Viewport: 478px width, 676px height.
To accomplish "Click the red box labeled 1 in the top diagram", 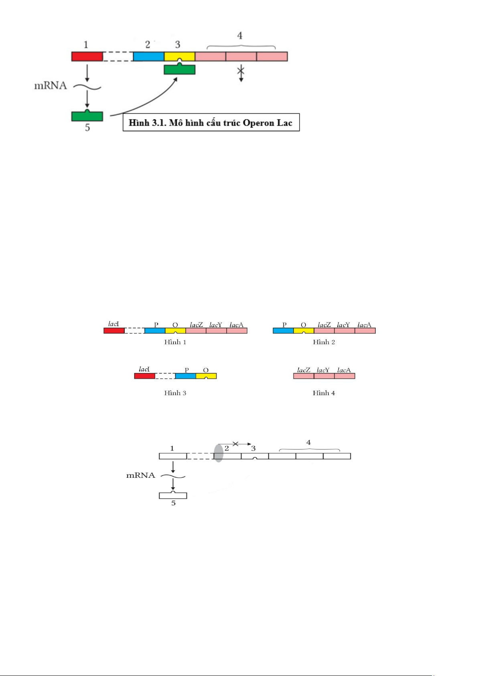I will [87, 57].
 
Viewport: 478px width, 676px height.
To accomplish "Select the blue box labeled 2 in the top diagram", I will [148, 57].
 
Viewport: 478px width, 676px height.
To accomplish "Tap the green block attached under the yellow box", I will [180, 69].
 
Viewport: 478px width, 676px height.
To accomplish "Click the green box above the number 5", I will [87, 116].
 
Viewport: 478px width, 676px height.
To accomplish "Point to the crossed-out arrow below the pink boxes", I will [241, 73].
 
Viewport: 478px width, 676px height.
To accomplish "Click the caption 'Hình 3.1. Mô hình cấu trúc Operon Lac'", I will [211, 122].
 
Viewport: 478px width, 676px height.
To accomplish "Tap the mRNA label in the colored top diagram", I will [51, 85].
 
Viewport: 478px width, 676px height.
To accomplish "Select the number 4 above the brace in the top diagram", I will [240, 36].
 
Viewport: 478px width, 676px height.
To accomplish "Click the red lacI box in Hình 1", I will [114, 331].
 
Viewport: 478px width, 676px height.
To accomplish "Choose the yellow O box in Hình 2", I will [304, 331].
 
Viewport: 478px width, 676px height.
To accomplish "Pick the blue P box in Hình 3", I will [185, 376].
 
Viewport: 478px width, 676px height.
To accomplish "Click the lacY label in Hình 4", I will [323, 370].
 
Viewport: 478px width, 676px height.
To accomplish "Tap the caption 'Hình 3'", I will [175, 393].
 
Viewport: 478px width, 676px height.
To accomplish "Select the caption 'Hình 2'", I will [324, 342].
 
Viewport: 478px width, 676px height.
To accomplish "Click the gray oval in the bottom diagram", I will [219, 453].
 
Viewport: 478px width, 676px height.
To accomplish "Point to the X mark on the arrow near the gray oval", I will [235, 444].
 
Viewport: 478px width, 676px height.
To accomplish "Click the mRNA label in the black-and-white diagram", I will [141, 475].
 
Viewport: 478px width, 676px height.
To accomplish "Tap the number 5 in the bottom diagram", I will [173, 503].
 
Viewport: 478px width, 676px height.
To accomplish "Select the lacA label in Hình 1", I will [237, 325].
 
